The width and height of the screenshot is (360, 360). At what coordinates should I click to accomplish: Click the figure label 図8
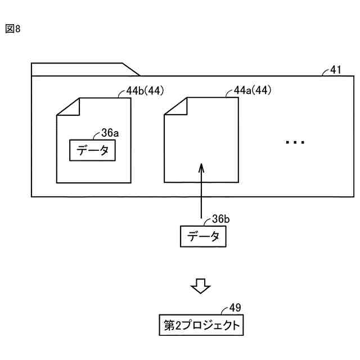(x=13, y=29)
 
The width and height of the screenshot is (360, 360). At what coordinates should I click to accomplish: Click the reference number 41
(x=335, y=70)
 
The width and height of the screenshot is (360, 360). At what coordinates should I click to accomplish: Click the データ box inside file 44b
(x=93, y=150)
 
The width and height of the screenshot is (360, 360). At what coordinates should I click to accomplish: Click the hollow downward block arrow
(x=200, y=286)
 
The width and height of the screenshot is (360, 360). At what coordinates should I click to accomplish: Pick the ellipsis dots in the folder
(x=295, y=143)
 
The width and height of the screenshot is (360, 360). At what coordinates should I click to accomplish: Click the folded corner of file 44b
(x=68, y=107)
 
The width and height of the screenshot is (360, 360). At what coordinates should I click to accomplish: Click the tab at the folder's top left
(x=84, y=69)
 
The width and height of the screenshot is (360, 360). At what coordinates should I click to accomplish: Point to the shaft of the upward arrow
(x=201, y=197)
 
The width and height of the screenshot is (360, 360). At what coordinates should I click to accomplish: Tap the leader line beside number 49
(x=225, y=310)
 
